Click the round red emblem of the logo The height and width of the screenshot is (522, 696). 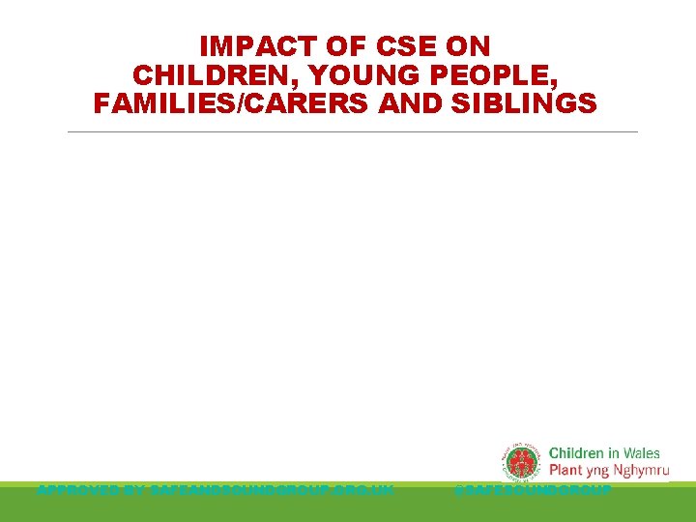(x=523, y=461)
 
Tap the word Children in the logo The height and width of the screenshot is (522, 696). (x=576, y=453)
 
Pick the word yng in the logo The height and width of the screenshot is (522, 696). (x=596, y=473)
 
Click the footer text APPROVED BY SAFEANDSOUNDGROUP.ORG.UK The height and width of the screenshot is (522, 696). (x=215, y=491)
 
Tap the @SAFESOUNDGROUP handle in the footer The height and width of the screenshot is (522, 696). (x=533, y=491)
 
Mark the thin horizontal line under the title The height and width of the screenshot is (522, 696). (x=353, y=131)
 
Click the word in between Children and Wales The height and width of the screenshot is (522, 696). (x=613, y=453)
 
